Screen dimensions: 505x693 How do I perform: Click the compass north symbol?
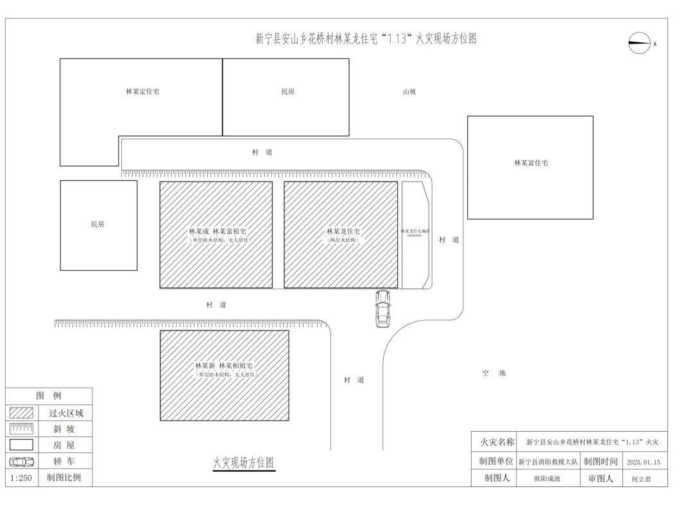(x=640, y=43)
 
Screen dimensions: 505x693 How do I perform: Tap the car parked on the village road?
(x=383, y=308)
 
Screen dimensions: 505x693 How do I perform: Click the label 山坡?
(x=409, y=92)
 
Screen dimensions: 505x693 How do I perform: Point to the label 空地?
(x=494, y=373)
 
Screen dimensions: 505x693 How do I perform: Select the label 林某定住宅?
(x=142, y=92)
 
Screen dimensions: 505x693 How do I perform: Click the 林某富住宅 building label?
(x=531, y=163)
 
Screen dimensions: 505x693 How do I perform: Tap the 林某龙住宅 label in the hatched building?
(x=343, y=231)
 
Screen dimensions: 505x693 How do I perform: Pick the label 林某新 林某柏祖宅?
(x=224, y=366)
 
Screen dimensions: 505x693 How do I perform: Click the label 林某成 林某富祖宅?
(x=218, y=231)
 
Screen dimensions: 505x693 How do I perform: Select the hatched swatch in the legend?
(x=21, y=413)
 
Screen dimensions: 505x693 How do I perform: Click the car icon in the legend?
(x=21, y=461)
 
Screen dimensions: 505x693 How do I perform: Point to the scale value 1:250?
(x=21, y=477)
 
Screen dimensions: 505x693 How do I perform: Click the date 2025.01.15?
(x=643, y=462)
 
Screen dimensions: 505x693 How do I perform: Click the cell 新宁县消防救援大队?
(x=548, y=462)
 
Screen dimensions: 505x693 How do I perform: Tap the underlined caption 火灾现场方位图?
(x=244, y=463)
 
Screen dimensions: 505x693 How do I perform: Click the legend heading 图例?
(x=49, y=396)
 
